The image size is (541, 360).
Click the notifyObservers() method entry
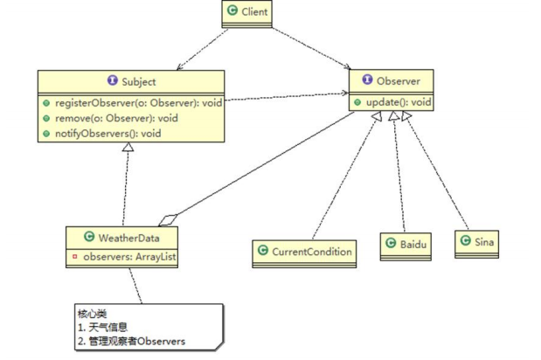(x=114, y=134)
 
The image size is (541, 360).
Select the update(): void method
(x=398, y=102)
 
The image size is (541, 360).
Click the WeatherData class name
(x=128, y=238)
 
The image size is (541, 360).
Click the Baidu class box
(x=405, y=246)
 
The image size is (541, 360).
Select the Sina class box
(x=476, y=243)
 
